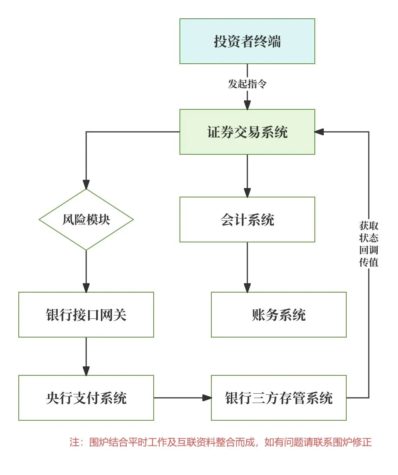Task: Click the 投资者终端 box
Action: [x=247, y=41]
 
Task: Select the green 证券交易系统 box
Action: [x=247, y=132]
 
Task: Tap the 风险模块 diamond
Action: [x=86, y=220]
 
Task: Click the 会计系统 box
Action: [x=247, y=220]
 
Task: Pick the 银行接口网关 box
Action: [x=86, y=315]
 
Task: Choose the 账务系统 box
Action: [x=278, y=315]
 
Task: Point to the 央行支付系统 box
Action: [x=86, y=398]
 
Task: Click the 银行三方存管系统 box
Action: [x=278, y=398]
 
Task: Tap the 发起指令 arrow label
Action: [x=247, y=84]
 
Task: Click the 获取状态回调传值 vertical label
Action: [x=369, y=244]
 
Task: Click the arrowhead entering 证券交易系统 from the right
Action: [x=319, y=132]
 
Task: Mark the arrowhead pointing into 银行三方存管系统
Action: [x=207, y=398]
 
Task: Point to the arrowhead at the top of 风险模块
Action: [x=86, y=184]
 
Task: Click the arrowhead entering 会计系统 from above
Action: [x=247, y=193]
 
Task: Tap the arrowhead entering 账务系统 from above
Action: [x=247, y=288]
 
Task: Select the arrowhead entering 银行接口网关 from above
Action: [x=86, y=288]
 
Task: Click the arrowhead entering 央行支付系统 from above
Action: [x=86, y=371]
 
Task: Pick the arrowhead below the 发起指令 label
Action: [x=247, y=105]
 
